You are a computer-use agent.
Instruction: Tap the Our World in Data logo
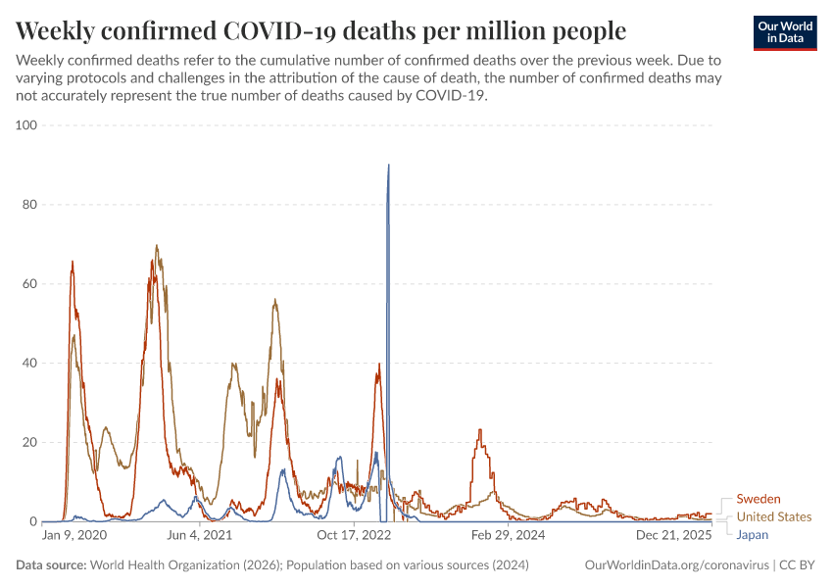785,31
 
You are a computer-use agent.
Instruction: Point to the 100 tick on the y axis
24,125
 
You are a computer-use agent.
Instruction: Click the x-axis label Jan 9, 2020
75,536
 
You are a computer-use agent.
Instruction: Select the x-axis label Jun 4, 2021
201,536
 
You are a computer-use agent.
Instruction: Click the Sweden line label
758,500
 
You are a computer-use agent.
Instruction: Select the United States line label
773,517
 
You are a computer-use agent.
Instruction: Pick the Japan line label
753,535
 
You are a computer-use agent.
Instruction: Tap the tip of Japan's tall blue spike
389,165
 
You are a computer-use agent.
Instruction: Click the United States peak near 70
156,246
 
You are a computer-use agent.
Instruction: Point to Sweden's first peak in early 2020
73,262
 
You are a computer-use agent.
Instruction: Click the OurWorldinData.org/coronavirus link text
675,565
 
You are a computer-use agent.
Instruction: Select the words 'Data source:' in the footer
50,565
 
